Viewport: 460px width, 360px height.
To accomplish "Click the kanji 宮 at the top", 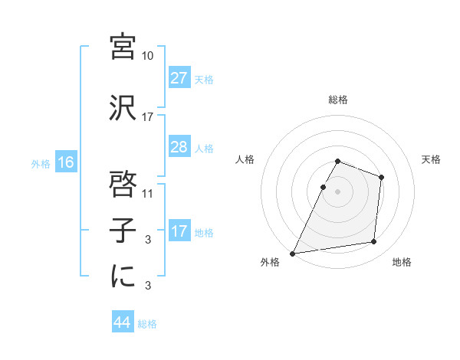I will (123, 48).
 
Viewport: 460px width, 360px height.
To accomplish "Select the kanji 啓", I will (123, 185).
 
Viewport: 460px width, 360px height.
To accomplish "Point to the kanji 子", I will (123, 231).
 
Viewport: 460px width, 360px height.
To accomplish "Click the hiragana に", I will (123, 277).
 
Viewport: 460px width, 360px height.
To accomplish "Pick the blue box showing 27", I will (179, 78).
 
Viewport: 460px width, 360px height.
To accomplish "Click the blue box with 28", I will (179, 147).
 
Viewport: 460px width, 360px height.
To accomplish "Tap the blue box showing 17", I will (179, 231).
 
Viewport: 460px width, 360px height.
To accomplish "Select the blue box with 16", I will (66, 162).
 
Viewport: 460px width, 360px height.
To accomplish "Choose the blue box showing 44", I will (123, 323).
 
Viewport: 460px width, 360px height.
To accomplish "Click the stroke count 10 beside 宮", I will (148, 56).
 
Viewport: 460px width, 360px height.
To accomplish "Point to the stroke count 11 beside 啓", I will (148, 194).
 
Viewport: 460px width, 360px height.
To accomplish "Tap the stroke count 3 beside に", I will (148, 286).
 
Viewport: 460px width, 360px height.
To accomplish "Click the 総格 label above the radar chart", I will (338, 100).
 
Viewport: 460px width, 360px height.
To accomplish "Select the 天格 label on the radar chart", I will (432, 159).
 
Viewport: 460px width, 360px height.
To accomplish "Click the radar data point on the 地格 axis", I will (374, 242).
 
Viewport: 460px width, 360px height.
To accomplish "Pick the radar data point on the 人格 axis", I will (323, 187).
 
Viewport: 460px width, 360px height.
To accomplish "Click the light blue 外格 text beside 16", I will (41, 163).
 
